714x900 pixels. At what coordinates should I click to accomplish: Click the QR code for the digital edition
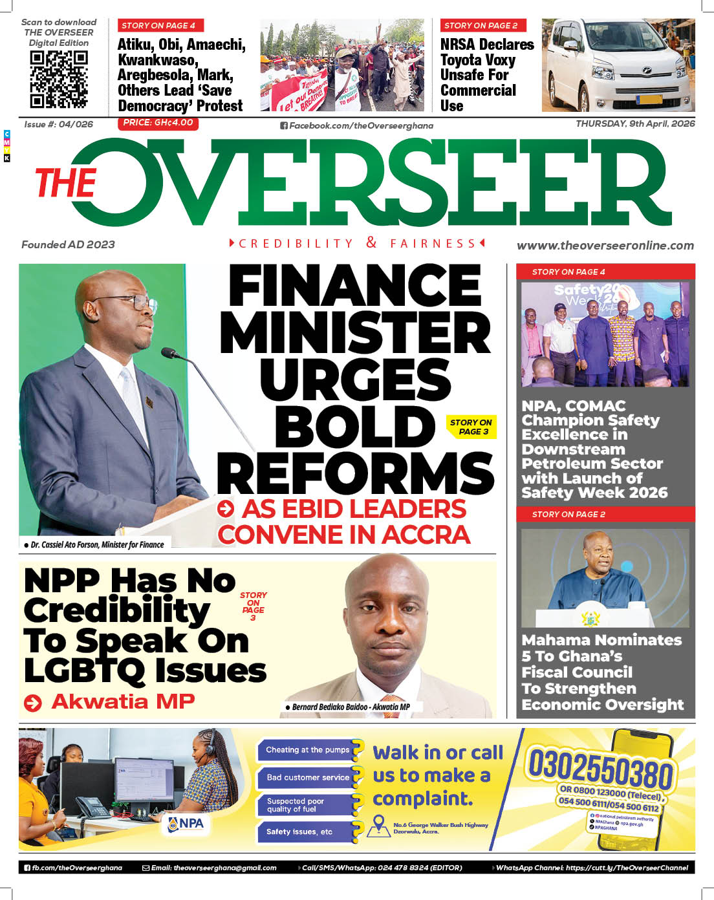(x=59, y=79)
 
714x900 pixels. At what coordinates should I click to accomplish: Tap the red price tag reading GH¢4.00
(x=158, y=123)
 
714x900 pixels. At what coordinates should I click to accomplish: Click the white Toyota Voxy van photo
(x=618, y=65)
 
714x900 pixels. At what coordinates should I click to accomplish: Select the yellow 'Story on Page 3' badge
(x=471, y=427)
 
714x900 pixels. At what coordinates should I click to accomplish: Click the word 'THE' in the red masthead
(x=65, y=183)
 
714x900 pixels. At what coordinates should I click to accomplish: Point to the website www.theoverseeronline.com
(x=605, y=246)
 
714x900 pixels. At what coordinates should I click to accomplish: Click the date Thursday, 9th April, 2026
(x=635, y=123)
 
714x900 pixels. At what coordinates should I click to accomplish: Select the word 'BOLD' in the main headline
(x=355, y=427)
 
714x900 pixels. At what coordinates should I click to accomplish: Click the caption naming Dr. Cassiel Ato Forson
(x=97, y=544)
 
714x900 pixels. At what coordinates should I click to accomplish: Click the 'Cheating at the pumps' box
(x=308, y=750)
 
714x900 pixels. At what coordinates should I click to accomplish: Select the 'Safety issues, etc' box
(x=299, y=831)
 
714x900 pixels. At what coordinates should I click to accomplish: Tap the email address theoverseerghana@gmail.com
(x=213, y=868)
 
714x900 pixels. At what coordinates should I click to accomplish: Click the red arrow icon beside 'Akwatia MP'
(x=32, y=703)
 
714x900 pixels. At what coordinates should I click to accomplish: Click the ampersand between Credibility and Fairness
(x=371, y=242)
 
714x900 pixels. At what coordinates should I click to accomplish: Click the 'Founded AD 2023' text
(x=68, y=244)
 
